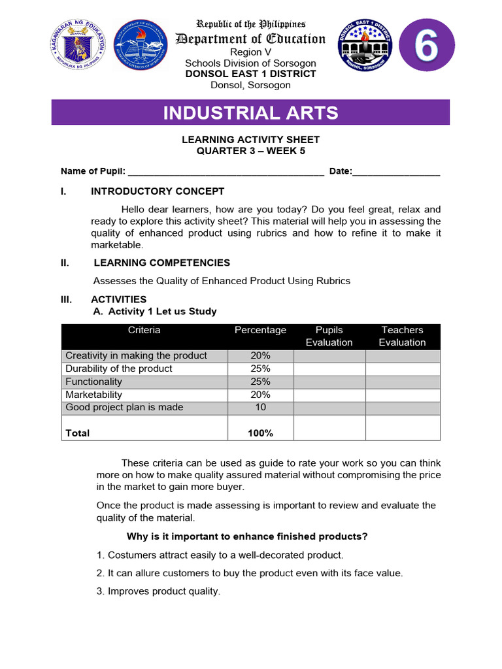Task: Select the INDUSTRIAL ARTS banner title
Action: point(250,112)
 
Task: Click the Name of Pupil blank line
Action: point(226,172)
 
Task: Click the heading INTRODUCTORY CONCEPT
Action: point(157,191)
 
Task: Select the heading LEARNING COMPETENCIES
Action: point(161,263)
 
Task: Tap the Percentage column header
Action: point(260,331)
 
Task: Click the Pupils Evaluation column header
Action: point(329,336)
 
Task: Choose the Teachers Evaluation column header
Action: point(402,336)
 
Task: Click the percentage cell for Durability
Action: point(260,368)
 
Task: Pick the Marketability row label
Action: point(93,395)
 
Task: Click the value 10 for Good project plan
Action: point(260,407)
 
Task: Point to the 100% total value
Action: point(260,433)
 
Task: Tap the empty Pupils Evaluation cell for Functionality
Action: point(329,382)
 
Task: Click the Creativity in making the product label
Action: point(136,355)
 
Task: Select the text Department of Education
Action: point(250,39)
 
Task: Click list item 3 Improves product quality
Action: point(158,591)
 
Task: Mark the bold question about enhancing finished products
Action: point(247,536)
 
